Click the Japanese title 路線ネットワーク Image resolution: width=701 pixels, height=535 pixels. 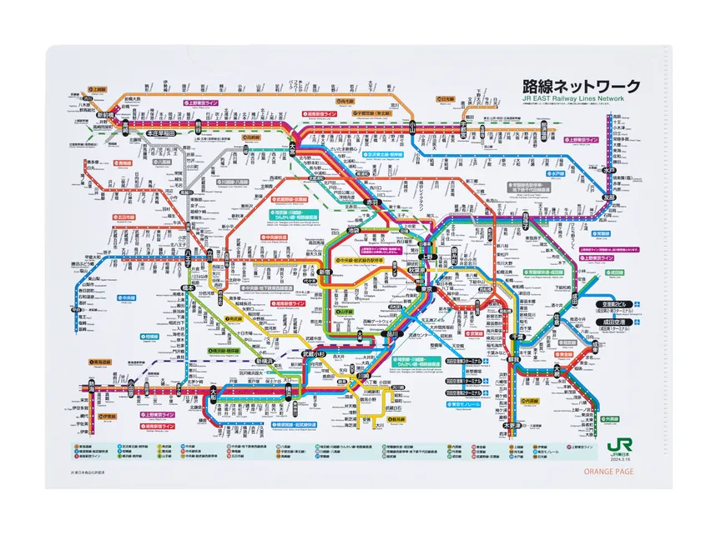pyautogui.click(x=581, y=86)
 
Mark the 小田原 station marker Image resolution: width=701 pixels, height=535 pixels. pyautogui.click(x=131, y=389)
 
